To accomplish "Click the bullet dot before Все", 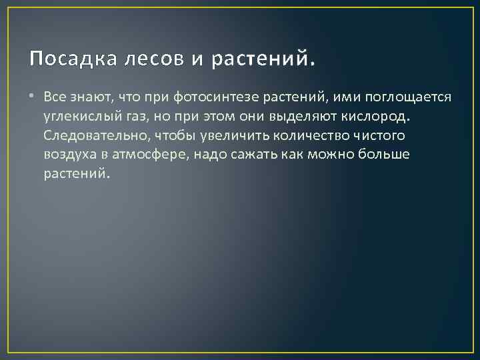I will [x=33, y=97].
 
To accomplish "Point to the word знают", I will [x=91, y=97].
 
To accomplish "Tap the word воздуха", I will [x=70, y=154].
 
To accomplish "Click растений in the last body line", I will [x=74, y=173].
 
